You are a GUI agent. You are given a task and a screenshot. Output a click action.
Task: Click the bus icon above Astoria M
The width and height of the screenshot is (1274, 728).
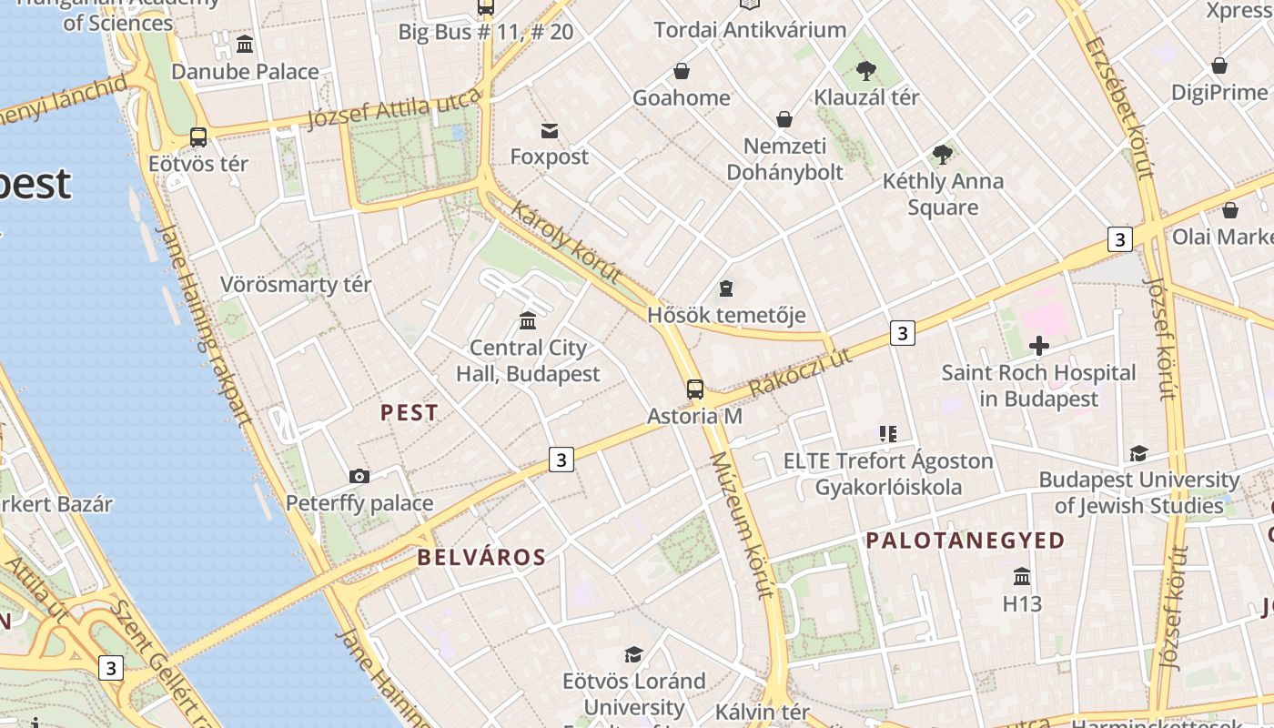click(x=695, y=389)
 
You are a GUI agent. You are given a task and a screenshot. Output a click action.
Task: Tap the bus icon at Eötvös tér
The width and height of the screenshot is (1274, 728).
click(x=198, y=137)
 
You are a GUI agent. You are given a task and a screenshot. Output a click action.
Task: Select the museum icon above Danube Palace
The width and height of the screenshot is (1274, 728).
click(x=245, y=44)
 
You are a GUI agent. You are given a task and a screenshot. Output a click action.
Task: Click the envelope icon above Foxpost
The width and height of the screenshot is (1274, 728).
click(x=550, y=131)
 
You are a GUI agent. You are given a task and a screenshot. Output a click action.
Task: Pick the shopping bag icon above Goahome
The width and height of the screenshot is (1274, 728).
click(x=682, y=71)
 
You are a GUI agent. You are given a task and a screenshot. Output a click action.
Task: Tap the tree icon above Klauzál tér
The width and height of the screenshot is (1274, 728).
click(x=866, y=70)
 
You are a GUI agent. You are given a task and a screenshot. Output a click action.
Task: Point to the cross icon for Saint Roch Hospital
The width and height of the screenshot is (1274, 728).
click(x=1038, y=346)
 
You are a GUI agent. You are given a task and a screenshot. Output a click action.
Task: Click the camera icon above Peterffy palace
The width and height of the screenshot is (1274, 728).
click(x=359, y=476)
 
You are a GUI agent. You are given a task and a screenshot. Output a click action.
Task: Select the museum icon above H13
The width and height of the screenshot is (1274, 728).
click(x=1022, y=577)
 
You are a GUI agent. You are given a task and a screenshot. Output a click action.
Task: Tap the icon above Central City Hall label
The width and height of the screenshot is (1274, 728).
click(x=528, y=320)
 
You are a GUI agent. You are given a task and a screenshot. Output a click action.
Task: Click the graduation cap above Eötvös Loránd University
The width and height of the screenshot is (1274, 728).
click(x=633, y=654)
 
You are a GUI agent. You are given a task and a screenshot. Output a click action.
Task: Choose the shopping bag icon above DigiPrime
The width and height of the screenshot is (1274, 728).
click(x=1219, y=66)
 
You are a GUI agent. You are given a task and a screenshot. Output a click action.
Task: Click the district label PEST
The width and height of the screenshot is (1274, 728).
click(x=409, y=412)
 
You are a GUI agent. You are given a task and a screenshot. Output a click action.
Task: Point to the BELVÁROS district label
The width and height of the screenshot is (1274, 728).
click(x=481, y=557)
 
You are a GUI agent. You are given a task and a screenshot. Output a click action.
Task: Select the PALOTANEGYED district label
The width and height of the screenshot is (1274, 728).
click(x=965, y=541)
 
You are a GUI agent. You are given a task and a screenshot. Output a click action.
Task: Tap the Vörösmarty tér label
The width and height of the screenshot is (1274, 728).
click(x=296, y=285)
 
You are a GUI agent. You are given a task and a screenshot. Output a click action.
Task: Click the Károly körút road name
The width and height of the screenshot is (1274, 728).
click(x=566, y=241)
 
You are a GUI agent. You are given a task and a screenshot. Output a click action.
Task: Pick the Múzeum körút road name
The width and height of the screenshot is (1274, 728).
click(x=741, y=525)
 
